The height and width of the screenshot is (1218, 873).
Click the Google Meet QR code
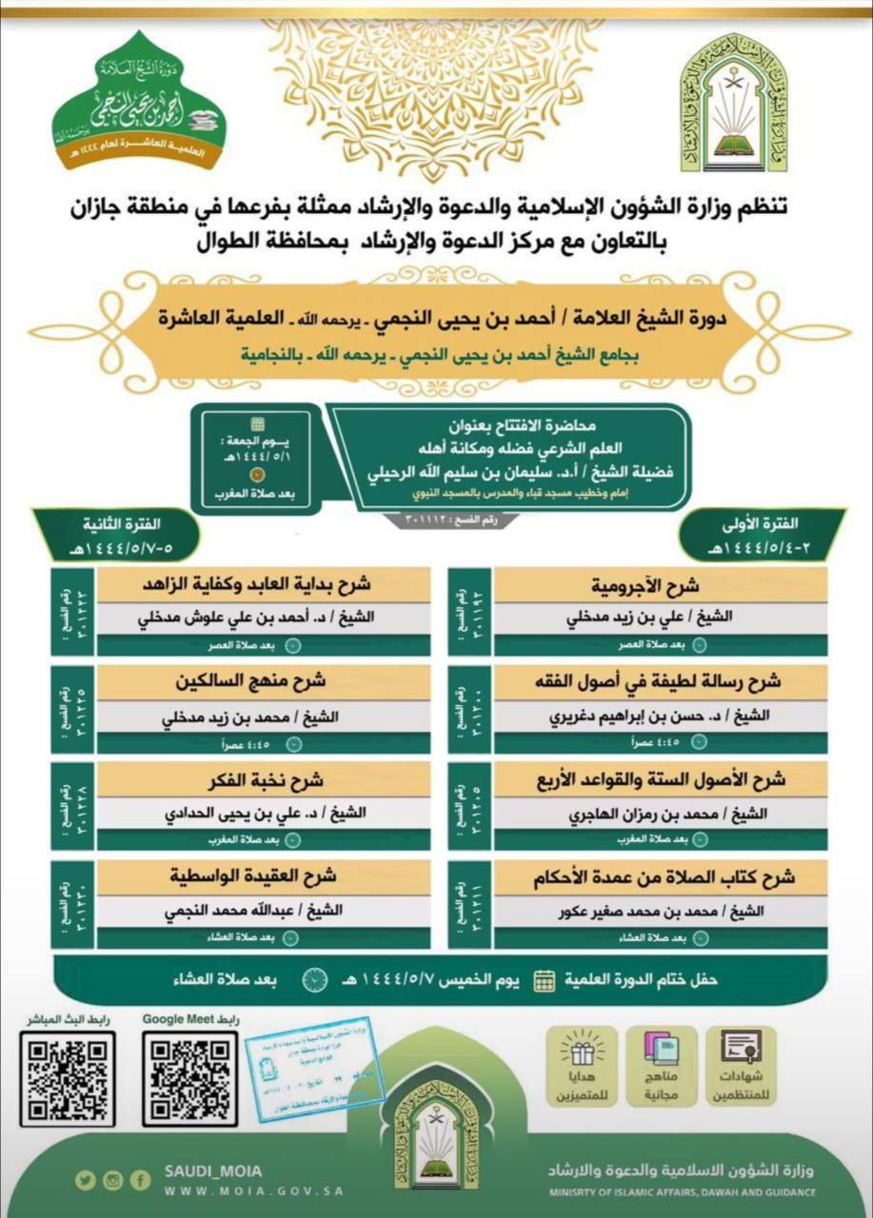[189, 1078]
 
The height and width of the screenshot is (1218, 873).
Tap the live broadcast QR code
[66, 1078]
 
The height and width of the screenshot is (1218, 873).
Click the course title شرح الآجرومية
[652, 584]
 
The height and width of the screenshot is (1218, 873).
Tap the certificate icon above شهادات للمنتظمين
[741, 1050]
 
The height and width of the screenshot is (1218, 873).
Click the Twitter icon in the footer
[86, 1180]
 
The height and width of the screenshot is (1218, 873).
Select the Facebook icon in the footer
[141, 1180]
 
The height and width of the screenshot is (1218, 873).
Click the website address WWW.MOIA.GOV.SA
[253, 1190]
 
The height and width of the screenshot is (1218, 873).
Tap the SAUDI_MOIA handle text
[213, 1171]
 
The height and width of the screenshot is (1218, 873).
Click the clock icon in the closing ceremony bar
[315, 979]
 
